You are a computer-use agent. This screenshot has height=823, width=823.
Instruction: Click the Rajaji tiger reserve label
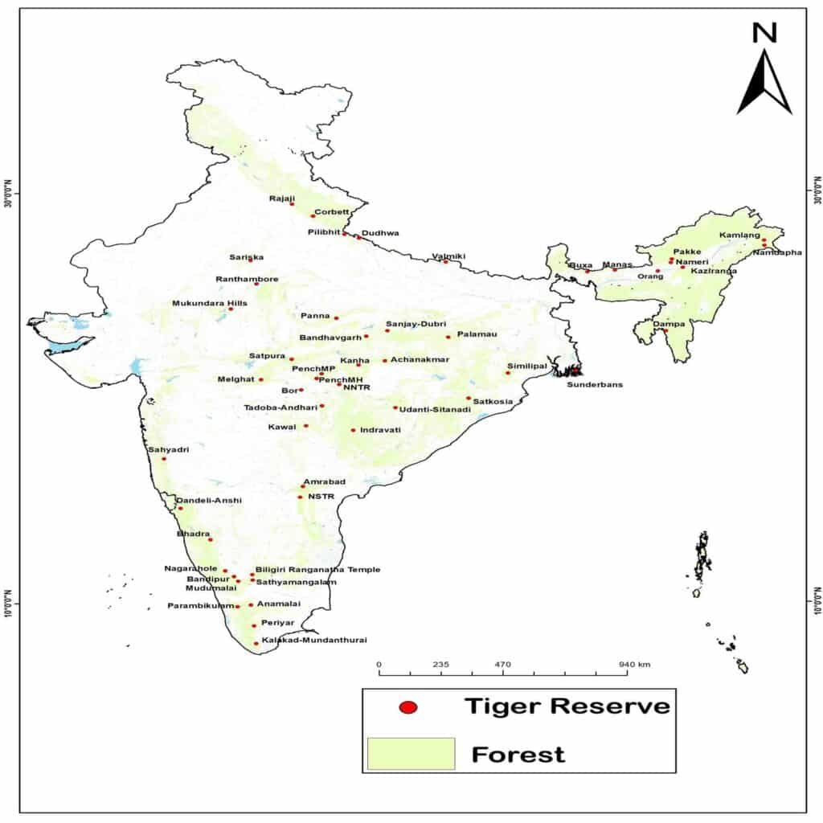282,198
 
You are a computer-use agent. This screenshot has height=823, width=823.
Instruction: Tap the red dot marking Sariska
251,260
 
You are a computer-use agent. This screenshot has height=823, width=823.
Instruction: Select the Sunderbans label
595,384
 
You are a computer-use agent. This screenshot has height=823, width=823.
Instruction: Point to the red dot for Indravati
354,430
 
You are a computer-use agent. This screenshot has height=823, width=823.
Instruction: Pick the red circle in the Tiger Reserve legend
409,707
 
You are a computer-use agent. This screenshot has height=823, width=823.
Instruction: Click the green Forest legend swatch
411,754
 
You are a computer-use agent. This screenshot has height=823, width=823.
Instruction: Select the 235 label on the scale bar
440,665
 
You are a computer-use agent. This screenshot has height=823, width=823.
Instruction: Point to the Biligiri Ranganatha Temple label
317,570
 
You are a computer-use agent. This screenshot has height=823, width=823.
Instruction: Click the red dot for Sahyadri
164,458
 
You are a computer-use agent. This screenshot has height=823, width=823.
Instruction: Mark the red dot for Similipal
508,373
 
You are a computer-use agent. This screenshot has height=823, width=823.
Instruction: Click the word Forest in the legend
518,755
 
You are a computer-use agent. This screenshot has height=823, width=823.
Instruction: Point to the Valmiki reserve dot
446,261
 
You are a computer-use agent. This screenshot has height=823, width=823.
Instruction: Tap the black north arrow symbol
764,84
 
